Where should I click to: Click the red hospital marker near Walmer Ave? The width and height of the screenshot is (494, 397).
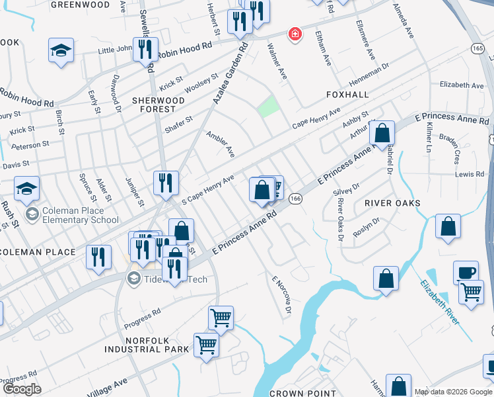[293, 34]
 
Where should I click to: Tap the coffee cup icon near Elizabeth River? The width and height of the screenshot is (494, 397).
[466, 272]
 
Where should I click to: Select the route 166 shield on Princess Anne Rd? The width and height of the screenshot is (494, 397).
[296, 198]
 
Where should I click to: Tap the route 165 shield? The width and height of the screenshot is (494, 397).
[479, 48]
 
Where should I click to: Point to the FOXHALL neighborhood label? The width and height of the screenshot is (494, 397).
[347, 95]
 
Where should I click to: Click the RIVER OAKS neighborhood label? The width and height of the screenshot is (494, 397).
[392, 203]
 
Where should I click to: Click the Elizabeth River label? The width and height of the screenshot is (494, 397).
[440, 301]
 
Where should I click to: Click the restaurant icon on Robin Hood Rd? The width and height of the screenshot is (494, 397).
[145, 48]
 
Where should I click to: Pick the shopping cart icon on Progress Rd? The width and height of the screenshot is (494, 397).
[221, 317]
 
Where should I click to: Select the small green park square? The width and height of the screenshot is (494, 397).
[267, 106]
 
